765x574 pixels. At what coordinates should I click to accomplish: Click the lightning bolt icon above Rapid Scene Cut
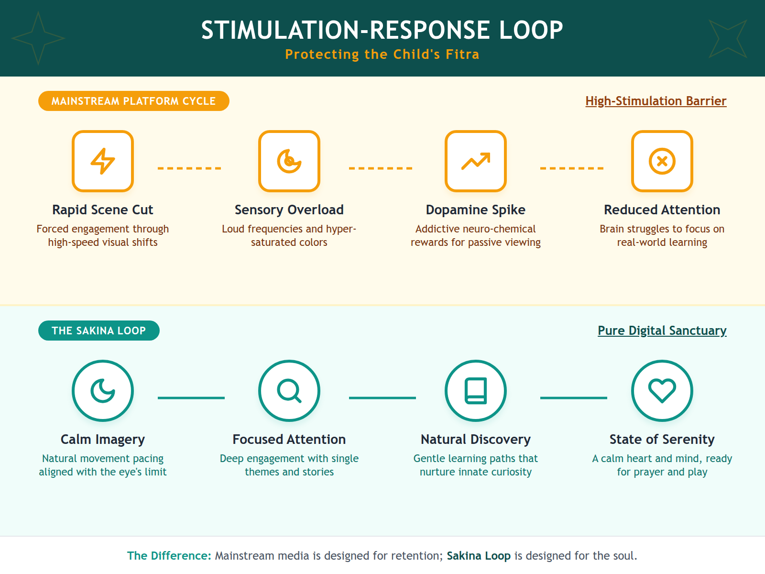103,161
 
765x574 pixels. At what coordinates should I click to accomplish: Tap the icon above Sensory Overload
289,161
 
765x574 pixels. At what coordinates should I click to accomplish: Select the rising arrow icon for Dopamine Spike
476,161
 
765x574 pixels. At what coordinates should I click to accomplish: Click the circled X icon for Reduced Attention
662,161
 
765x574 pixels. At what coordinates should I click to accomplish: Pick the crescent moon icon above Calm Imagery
103,391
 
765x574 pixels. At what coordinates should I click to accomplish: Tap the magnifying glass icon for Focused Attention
289,391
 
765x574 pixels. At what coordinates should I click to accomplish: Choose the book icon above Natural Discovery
476,391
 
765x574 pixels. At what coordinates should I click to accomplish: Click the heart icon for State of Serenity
662,391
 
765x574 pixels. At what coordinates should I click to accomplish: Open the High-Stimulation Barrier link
656,101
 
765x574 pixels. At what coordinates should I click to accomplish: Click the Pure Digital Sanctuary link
662,331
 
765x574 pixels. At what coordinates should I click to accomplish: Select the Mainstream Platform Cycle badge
134,101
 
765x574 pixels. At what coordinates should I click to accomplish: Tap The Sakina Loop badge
99,331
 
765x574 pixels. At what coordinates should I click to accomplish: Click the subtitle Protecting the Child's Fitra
382,55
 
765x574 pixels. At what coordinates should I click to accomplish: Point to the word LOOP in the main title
531,30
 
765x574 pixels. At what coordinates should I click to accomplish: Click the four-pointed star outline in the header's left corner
38,38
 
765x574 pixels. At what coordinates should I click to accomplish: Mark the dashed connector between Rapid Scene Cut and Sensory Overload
189,168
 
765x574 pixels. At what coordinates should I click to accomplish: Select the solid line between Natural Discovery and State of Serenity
574,397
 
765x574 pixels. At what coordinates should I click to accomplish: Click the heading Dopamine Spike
476,210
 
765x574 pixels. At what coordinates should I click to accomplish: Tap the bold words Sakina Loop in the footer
479,556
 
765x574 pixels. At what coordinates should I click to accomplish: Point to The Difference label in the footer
169,556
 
